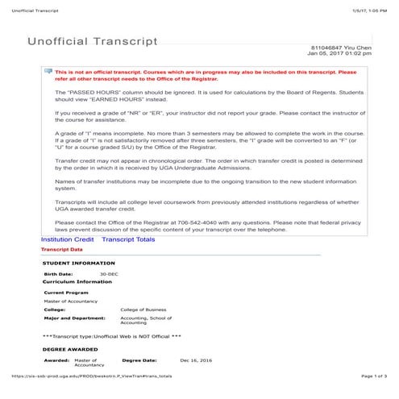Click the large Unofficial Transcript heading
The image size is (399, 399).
(x=93, y=41)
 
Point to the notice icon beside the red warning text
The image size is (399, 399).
(x=48, y=71)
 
